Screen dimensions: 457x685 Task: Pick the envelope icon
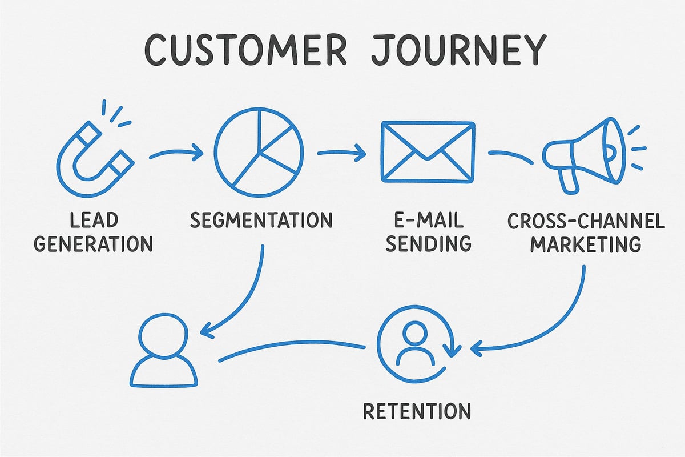tap(428, 152)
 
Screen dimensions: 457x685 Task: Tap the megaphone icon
tap(582, 153)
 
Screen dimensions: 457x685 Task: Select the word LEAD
tap(94, 220)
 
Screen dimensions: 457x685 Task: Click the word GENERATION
tap(94, 244)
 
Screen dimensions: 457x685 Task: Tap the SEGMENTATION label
tap(261, 220)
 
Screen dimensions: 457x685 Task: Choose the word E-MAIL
tap(428, 220)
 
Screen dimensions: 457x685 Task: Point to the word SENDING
tap(428, 244)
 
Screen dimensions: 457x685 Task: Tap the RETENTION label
tap(416, 411)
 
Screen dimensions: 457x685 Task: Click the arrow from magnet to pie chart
tap(176, 153)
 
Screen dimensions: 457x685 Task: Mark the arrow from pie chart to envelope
tap(341, 153)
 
